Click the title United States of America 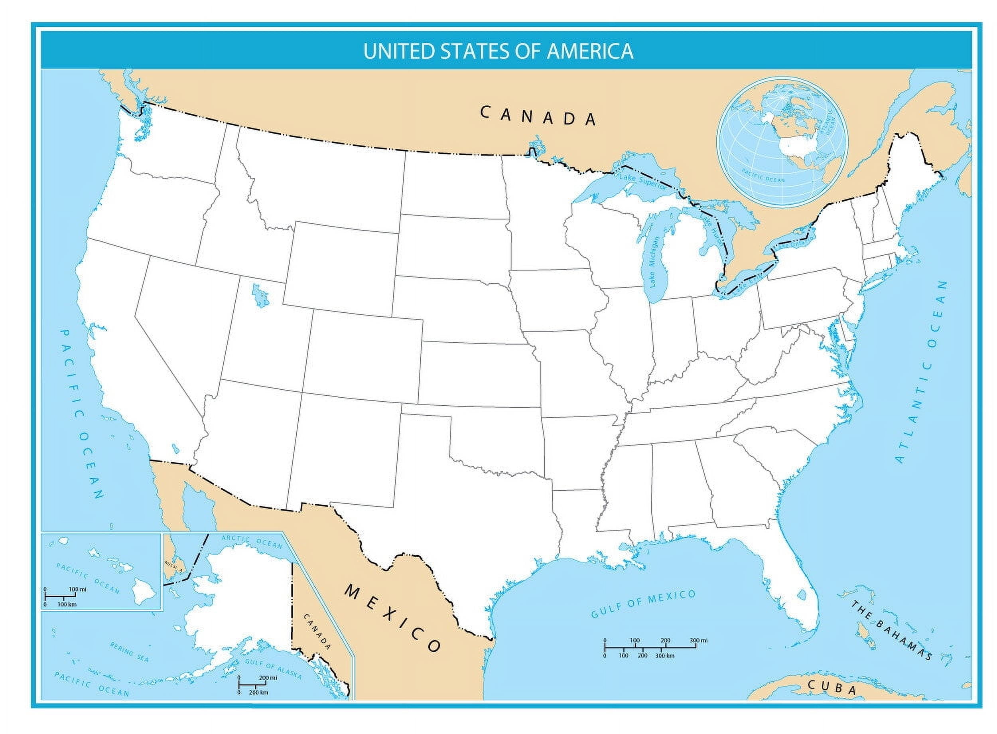tap(498, 51)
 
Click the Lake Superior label tap(642, 182)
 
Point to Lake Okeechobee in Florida tap(802, 594)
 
